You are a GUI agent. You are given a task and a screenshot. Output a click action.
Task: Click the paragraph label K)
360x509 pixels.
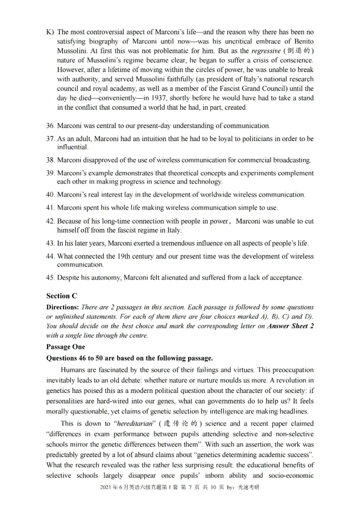[50, 32]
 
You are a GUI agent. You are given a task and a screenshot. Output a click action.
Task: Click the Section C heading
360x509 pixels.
[62, 296]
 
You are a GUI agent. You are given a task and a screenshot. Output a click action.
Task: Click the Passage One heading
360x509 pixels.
[65, 347]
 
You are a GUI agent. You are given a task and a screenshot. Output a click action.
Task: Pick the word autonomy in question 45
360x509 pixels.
[100, 278]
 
